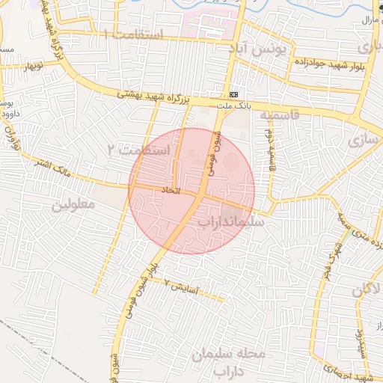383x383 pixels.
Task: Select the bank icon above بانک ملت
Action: (234, 95)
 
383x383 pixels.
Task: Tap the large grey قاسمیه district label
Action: (280, 114)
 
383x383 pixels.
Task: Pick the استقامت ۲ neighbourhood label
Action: (139, 150)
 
